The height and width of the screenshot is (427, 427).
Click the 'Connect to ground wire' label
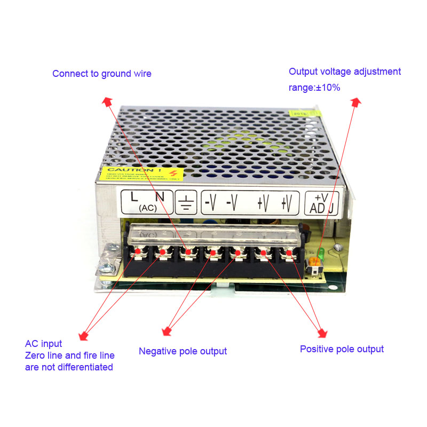point(101,74)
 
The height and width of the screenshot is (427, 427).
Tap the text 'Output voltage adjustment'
point(344,72)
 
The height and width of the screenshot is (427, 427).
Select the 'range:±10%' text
point(314,88)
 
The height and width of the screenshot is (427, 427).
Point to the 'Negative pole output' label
point(183,351)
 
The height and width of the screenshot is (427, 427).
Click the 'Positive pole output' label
point(342,349)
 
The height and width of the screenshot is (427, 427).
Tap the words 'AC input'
point(43,344)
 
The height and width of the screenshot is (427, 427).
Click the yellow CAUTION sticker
point(142,174)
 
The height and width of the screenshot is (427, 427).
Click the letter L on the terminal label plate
point(134,197)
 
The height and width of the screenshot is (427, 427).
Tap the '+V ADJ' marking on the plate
point(321,203)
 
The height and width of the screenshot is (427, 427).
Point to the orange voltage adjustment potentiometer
point(315,261)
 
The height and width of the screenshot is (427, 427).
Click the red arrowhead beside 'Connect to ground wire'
point(107,101)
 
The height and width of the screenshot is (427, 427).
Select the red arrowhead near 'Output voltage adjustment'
point(356,101)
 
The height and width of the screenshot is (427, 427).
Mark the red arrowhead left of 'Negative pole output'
point(167,333)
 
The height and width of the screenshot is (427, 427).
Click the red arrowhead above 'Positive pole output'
point(322,334)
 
